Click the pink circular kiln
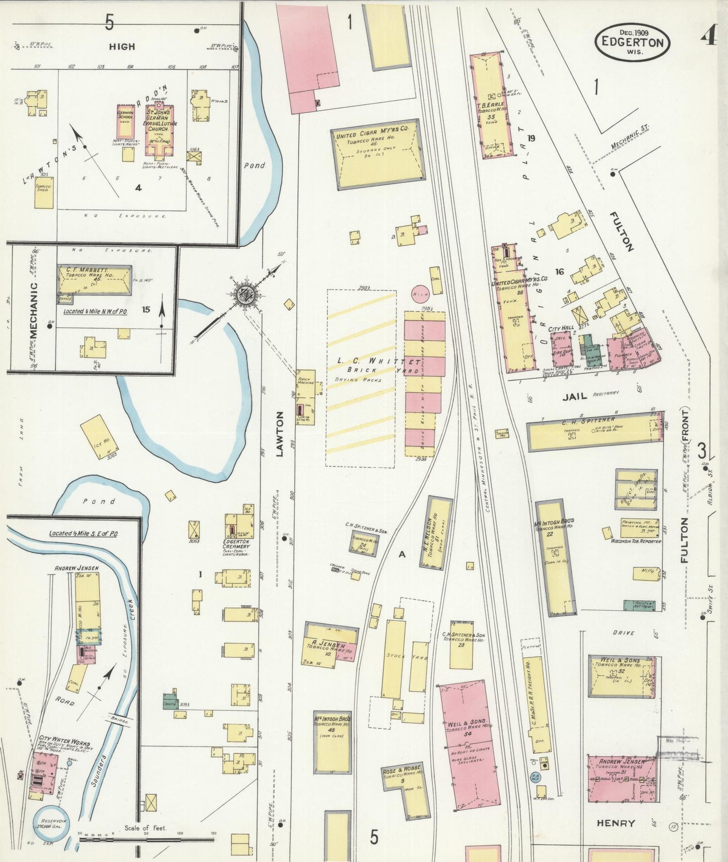420,293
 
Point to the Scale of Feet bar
146,839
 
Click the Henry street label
616,823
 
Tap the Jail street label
574,396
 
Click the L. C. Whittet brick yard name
379,362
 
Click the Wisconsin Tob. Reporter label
632,541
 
